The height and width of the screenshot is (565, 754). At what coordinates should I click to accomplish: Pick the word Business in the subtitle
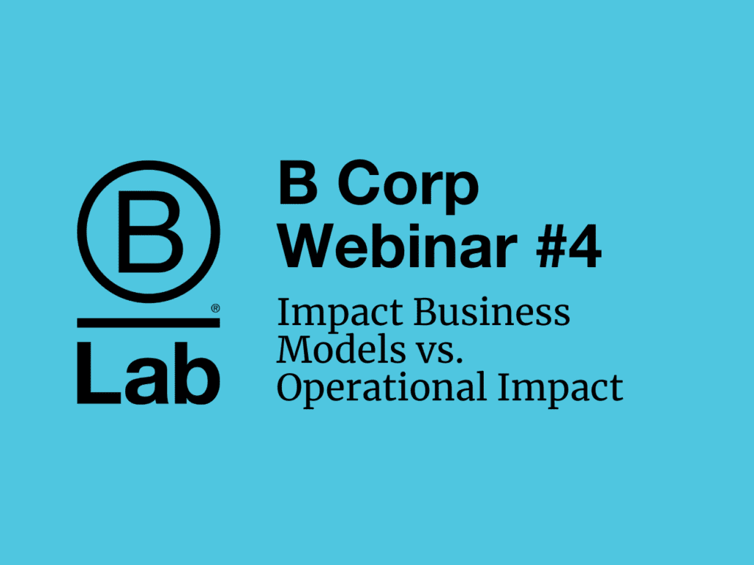(491, 313)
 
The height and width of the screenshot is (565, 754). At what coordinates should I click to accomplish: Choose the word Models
(342, 349)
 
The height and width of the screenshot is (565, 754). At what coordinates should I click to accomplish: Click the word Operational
(382, 389)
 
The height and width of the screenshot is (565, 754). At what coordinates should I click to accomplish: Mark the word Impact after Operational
(560, 389)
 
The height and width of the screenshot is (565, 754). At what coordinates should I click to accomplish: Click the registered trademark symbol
(216, 308)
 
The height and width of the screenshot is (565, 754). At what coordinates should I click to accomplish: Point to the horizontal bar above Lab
(149, 323)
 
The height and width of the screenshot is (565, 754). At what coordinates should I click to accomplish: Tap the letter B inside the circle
(150, 232)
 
